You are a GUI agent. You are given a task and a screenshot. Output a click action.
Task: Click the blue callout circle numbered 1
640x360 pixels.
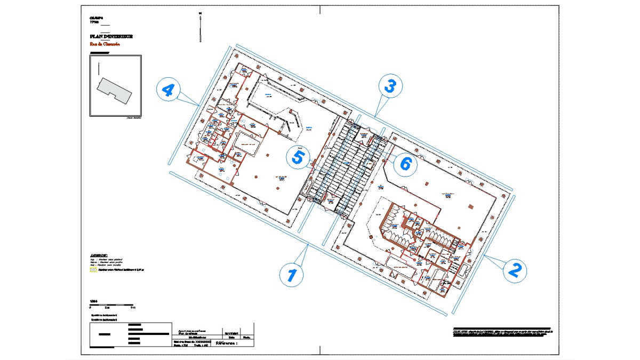(292, 275)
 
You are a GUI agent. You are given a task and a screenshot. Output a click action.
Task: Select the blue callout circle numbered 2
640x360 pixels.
(514, 270)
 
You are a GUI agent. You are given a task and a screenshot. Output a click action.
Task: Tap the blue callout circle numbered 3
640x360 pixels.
(390, 86)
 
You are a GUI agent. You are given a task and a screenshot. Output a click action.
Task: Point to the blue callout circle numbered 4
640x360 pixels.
(168, 90)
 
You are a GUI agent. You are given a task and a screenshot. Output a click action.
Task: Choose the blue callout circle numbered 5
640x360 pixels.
(298, 157)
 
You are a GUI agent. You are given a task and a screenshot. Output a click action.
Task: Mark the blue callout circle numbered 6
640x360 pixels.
(405, 164)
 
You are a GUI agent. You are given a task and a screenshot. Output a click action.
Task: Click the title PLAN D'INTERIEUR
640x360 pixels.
(111, 37)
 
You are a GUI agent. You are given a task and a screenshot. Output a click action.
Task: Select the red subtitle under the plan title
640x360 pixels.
(105, 44)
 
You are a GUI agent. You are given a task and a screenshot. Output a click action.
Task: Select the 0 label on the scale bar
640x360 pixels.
(90, 308)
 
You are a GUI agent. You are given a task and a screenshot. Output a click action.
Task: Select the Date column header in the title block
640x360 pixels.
(231, 338)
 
